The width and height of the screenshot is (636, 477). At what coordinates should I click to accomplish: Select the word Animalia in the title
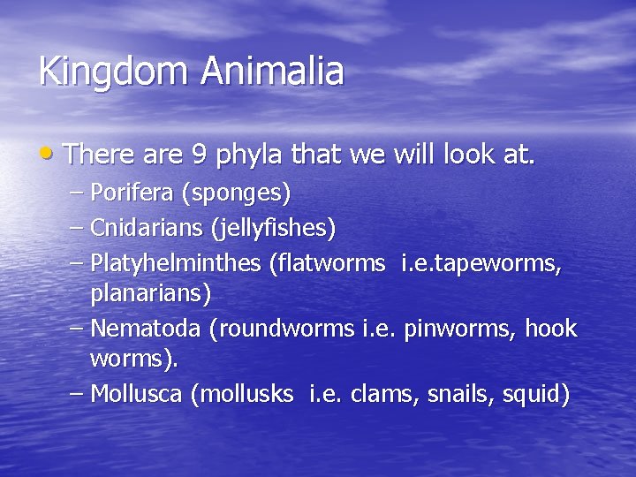(275, 71)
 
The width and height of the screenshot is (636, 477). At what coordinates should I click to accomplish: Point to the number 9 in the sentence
(200, 155)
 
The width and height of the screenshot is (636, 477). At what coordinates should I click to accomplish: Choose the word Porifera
(132, 192)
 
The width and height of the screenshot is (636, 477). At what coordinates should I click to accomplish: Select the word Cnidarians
(147, 229)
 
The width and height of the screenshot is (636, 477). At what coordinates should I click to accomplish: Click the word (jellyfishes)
(273, 230)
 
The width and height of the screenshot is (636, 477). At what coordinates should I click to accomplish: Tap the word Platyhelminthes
(176, 263)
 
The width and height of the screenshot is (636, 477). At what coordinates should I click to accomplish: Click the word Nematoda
(146, 329)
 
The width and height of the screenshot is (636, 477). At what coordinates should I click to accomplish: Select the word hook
(550, 329)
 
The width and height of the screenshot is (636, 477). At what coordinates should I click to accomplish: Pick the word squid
(534, 395)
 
